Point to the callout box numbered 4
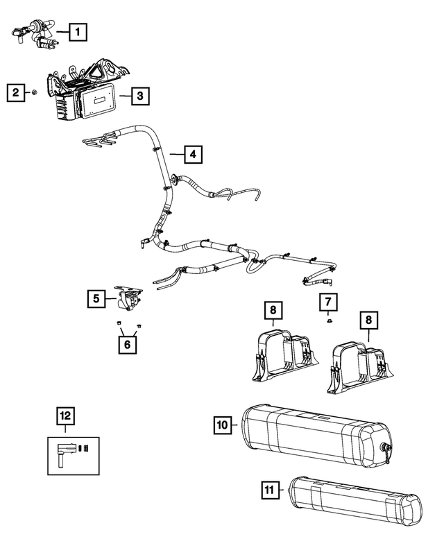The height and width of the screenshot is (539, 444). (194, 153)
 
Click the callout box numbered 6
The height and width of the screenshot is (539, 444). (126, 343)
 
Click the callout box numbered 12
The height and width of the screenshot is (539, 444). (65, 416)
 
